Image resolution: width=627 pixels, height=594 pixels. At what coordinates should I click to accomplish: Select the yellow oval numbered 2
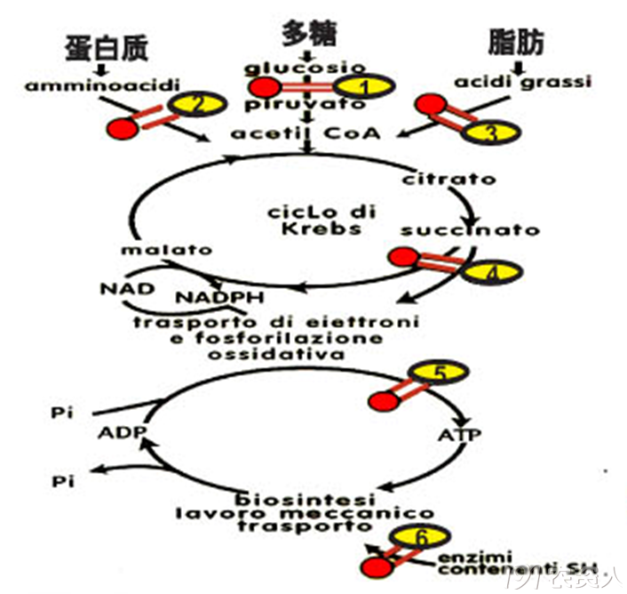tap(197, 105)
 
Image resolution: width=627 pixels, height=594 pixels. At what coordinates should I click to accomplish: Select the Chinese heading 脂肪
tap(516, 42)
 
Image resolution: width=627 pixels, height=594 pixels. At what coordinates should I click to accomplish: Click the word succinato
tap(469, 230)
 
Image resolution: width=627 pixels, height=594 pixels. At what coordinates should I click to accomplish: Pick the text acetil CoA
tap(306, 134)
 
